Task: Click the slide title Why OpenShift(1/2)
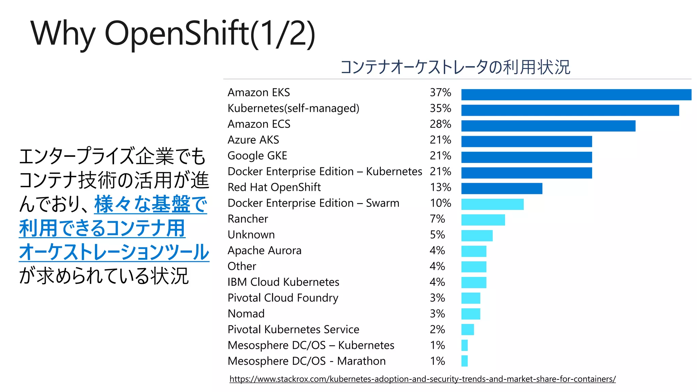coord(173,33)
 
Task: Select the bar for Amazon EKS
coord(576,95)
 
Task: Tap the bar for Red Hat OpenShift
coord(502,189)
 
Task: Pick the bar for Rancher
coord(483,220)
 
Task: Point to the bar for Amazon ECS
coord(548,126)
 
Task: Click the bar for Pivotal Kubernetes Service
coord(468,329)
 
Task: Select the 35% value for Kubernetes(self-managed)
coord(440,109)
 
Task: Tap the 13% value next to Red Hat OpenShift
coord(440,187)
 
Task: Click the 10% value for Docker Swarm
coord(440,203)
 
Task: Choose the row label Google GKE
coord(257,156)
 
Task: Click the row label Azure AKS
coord(253,140)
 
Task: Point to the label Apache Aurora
coord(264,251)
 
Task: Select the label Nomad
coord(246,314)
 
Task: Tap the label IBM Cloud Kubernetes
coord(283,282)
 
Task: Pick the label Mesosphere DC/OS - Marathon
coord(306,361)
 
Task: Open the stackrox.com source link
coord(422,379)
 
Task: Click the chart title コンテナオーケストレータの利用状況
coord(455,67)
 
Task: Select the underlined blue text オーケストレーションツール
coord(114,252)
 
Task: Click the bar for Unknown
coord(477,235)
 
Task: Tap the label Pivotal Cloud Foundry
coord(283,298)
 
